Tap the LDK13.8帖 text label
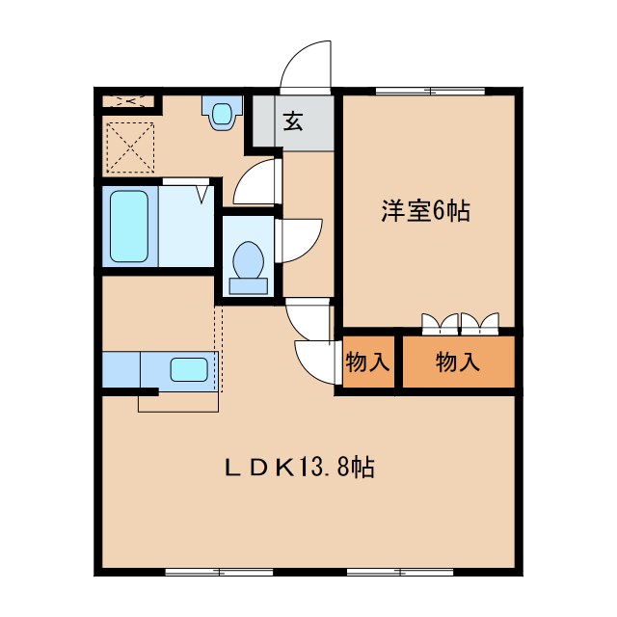[x=300, y=469]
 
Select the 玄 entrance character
[x=292, y=121]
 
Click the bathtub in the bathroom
[x=128, y=227]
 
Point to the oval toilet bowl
[x=248, y=259]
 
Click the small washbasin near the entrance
[x=222, y=114]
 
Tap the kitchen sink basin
[x=189, y=369]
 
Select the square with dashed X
[x=129, y=147]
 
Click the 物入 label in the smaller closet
[x=367, y=362]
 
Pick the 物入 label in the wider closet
[x=458, y=362]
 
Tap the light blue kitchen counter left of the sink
[x=121, y=369]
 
